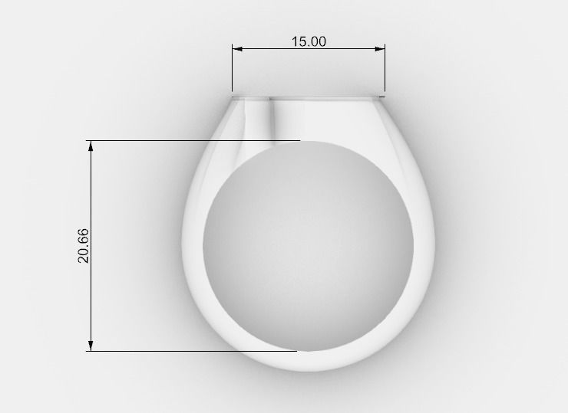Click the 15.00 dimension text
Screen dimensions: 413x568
pyautogui.click(x=309, y=41)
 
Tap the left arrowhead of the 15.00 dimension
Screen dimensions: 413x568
pyautogui.click(x=237, y=49)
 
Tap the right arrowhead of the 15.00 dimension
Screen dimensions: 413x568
pyautogui.click(x=380, y=49)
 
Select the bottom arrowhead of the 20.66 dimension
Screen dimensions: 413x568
pyautogui.click(x=91, y=346)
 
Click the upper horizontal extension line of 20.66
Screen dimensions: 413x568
pyautogui.click(x=192, y=141)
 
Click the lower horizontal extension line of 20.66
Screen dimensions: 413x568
pyautogui.click(x=192, y=351)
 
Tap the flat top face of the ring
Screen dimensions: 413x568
pyautogui.click(x=309, y=97)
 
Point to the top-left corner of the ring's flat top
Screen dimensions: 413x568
pyautogui.click(x=233, y=97)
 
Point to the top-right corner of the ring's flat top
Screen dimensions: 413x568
pyautogui.click(x=384, y=97)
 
